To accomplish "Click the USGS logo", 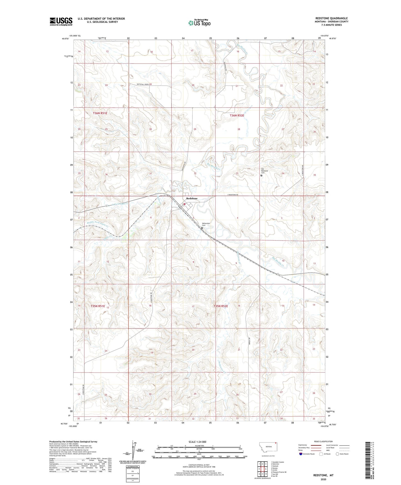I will (61, 21).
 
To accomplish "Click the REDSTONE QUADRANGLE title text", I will (331, 18).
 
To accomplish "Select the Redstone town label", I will (192, 199).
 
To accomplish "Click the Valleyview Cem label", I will (206, 224).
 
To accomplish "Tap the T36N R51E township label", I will (100, 113).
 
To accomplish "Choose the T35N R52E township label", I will (221, 306).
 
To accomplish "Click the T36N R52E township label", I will (237, 115).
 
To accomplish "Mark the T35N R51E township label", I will (98, 306).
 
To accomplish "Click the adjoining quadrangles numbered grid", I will (262, 469).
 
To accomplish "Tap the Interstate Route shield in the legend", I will (301, 454).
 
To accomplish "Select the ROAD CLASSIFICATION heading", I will (323, 441).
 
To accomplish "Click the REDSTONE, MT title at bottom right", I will (323, 475).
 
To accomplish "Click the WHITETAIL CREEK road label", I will (143, 84).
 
